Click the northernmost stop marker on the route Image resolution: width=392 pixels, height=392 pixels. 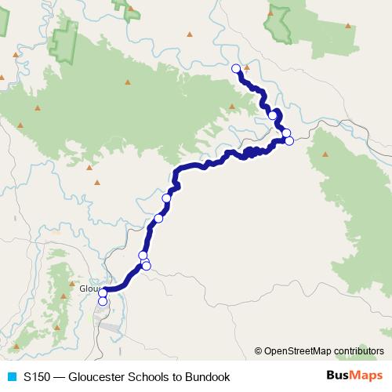[235, 68]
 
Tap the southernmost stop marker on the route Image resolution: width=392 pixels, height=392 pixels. [103, 301]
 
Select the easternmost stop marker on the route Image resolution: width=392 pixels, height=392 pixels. [289, 141]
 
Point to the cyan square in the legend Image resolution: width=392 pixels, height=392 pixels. [10, 376]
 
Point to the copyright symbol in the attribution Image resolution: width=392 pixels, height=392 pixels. [259, 351]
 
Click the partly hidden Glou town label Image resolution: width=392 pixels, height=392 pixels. [89, 288]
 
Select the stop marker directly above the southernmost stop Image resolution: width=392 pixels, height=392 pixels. [103, 293]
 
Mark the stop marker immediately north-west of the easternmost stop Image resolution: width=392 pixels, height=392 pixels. [286, 133]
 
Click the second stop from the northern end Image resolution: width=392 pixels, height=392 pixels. [273, 115]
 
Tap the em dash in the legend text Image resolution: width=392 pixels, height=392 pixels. [61, 376]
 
